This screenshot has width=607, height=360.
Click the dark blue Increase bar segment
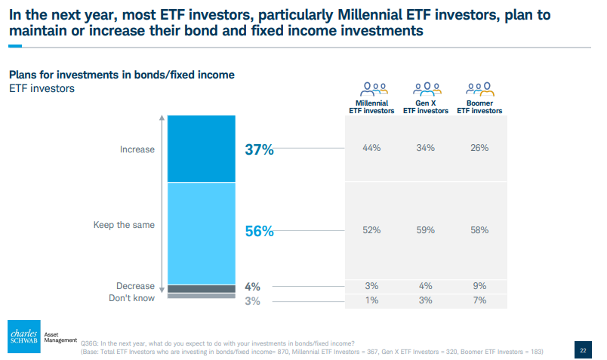click(202, 149)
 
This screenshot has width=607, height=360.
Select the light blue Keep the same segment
click(202, 233)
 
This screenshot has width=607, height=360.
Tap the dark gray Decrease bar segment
click(202, 289)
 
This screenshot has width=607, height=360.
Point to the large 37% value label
click(259, 149)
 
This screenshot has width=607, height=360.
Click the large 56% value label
click(259, 231)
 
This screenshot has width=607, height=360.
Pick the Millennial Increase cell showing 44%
click(371, 148)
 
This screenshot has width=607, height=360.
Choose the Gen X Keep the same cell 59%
click(426, 230)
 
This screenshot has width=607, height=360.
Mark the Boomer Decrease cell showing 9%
click(479, 286)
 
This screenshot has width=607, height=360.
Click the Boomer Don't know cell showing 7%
click(479, 300)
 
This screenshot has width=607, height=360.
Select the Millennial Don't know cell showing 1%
click(371, 300)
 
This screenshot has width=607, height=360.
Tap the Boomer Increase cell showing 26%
click(479, 148)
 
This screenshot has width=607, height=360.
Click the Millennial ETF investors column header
click(371, 107)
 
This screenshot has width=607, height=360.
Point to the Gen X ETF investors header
click(426, 107)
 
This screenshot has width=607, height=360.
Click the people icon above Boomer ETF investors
click(479, 89)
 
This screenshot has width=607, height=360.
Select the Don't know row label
click(131, 298)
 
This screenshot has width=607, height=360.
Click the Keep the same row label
click(124, 225)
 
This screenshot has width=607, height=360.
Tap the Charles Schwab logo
click(24, 337)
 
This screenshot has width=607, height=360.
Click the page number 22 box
click(583, 350)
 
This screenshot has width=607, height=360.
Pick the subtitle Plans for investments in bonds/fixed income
click(122, 75)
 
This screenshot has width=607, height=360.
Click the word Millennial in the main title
click(370, 15)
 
